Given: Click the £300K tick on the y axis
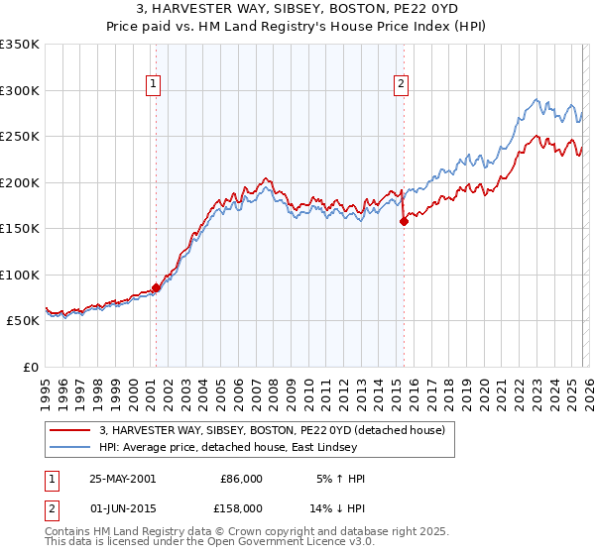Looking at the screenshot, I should tap(20, 90).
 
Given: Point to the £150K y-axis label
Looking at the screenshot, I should tap(20, 228).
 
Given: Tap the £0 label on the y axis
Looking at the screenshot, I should tap(30, 367).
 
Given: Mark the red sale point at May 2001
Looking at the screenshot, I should tap(157, 287).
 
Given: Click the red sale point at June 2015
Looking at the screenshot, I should tap(403, 222).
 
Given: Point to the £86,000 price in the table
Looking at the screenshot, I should tap(241, 479).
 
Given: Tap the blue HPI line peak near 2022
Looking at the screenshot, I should tap(536, 99).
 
